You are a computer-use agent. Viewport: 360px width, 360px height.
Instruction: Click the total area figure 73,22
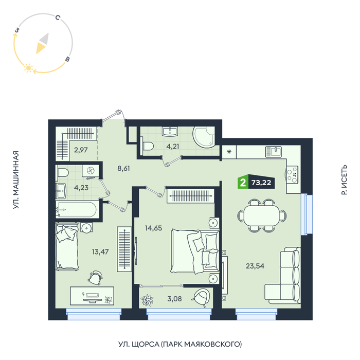pyautogui.click(x=261, y=183)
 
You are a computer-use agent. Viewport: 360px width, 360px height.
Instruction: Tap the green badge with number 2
pyautogui.click(x=243, y=183)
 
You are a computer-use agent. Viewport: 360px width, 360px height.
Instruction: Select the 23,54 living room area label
pyautogui.click(x=255, y=266)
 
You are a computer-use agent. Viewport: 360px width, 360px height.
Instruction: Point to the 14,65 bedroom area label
pyautogui.click(x=153, y=228)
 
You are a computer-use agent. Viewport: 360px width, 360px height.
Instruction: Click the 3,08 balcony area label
pyautogui.click(x=174, y=299)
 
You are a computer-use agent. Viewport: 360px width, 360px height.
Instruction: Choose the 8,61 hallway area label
pyautogui.click(x=123, y=168)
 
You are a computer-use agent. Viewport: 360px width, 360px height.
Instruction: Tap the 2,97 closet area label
pyautogui.click(x=81, y=150)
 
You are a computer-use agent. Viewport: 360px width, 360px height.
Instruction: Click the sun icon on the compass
pyautogui.click(x=28, y=68)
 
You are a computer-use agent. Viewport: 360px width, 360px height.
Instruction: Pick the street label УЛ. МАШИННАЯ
pyautogui.click(x=15, y=180)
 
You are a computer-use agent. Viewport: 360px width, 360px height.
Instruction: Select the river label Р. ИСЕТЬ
pyautogui.click(x=344, y=180)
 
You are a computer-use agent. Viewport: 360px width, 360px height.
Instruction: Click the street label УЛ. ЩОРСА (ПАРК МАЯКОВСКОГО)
pyautogui.click(x=180, y=344)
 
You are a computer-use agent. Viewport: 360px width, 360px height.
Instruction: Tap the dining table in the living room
pyautogui.click(x=262, y=215)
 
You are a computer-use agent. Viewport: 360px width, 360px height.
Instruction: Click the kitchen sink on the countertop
pyautogui.click(x=274, y=152)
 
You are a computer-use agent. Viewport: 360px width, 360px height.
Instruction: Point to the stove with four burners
pyautogui.click(x=292, y=175)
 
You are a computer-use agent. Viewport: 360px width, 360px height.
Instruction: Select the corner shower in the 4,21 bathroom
pyautogui.click(x=204, y=137)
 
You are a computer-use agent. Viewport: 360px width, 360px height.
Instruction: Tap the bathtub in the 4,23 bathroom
pyautogui.click(x=76, y=209)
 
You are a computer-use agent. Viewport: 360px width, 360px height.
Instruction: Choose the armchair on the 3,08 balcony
pyautogui.click(x=201, y=298)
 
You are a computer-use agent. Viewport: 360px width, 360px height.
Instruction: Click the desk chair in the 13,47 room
pyautogui.click(x=95, y=278)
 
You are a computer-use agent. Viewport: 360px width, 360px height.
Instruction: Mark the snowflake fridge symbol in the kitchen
pyautogui.click(x=229, y=152)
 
